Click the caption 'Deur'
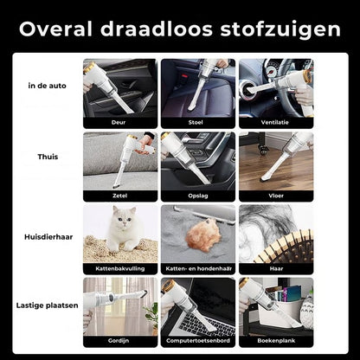click(120, 123)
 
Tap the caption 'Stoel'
click(198, 123)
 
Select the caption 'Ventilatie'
click(276, 123)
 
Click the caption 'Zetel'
click(120, 196)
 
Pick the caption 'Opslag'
click(198, 196)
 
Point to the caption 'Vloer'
click(276, 196)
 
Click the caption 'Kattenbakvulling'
click(120, 269)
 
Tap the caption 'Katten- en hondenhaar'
click(198, 269)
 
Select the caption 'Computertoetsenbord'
click(198, 342)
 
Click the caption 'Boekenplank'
click(276, 342)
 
